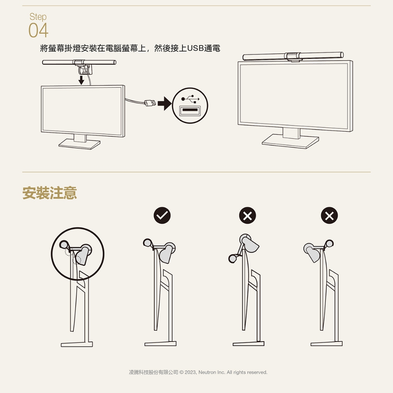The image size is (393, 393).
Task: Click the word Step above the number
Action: (x=38, y=17)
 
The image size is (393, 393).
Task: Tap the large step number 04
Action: (x=38, y=30)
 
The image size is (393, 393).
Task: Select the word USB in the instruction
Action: (x=195, y=48)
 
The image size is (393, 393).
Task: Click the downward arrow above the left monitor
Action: (x=81, y=80)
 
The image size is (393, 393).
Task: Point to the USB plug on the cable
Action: (x=150, y=103)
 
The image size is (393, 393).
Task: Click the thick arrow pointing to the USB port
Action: (x=164, y=103)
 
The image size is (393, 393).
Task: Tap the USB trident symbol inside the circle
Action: (x=190, y=99)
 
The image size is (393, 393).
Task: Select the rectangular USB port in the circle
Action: (x=190, y=111)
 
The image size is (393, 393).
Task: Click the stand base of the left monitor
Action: (x=79, y=144)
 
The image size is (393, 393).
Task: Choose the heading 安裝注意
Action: (x=50, y=193)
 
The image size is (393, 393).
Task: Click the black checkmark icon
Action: (x=162, y=216)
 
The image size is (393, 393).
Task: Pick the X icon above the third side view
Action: (x=248, y=216)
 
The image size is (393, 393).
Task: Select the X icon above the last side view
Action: (x=329, y=216)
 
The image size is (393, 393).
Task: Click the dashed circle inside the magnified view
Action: (x=77, y=260)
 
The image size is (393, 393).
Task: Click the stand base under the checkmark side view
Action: (x=160, y=343)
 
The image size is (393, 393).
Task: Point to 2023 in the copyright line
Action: (x=190, y=372)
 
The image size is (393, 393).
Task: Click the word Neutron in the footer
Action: (x=207, y=372)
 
